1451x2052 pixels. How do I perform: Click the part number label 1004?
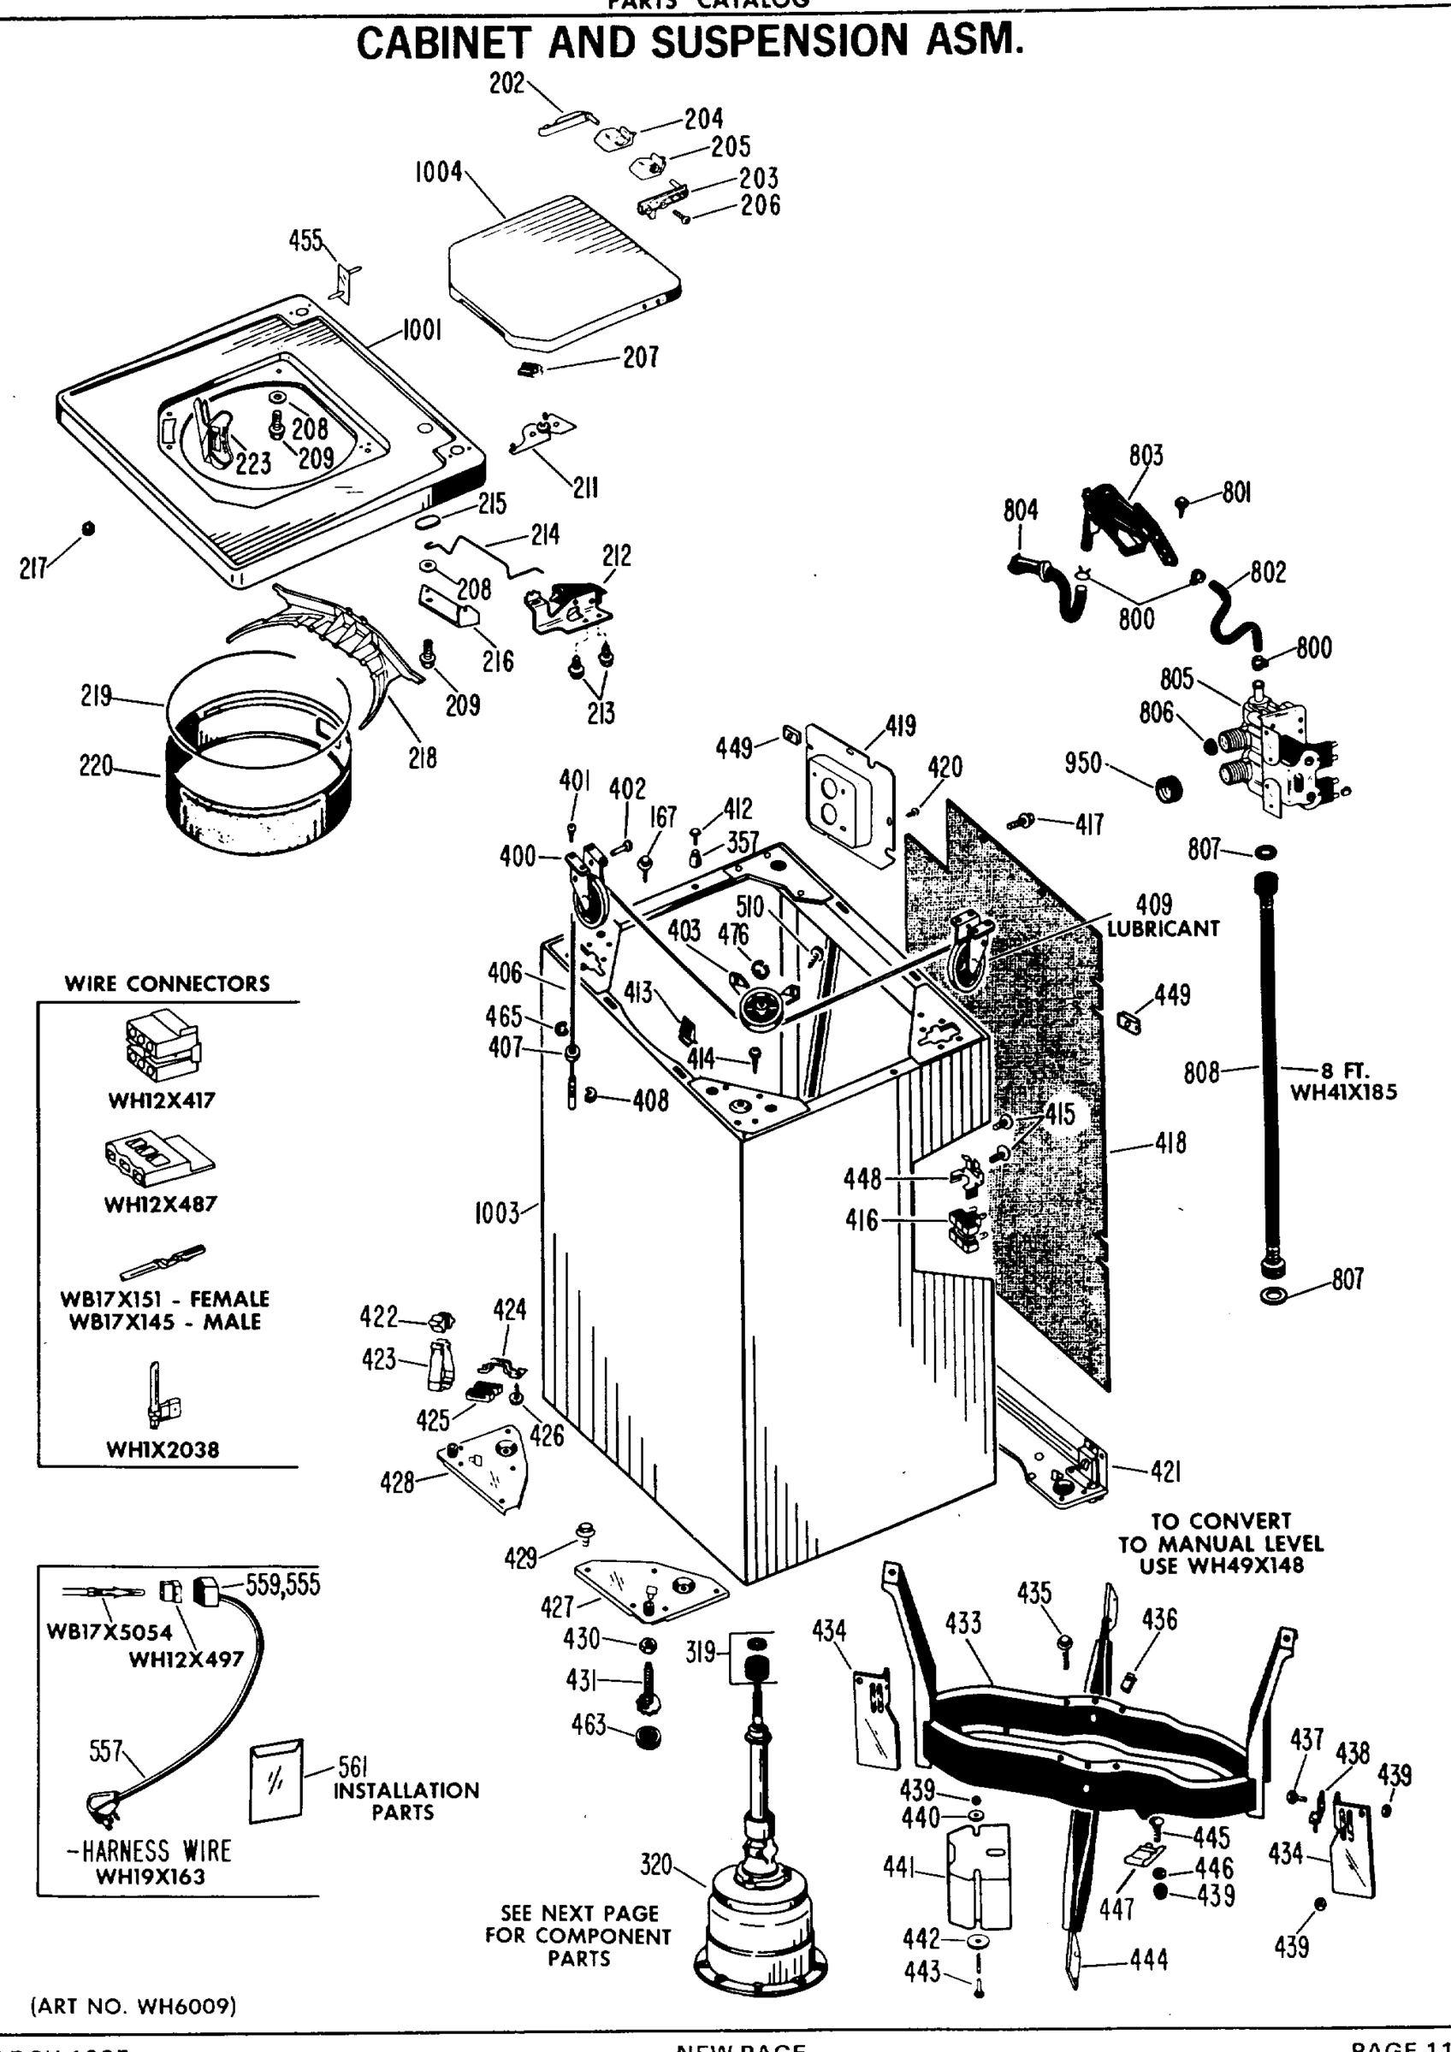[438, 172]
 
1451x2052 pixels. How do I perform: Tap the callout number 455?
[305, 240]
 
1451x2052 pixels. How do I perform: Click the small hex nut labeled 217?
[87, 528]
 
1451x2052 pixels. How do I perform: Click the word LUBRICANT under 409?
[1164, 929]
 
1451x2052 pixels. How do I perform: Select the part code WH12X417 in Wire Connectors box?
[162, 1100]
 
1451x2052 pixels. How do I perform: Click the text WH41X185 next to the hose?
[1343, 1091]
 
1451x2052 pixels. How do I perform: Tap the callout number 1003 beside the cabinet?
[497, 1214]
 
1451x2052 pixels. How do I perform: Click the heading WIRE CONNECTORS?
[167, 984]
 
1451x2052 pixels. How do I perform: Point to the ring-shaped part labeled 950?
[1168, 790]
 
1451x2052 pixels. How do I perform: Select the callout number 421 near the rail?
[1165, 1471]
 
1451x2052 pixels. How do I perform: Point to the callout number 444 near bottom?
[1149, 1960]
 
